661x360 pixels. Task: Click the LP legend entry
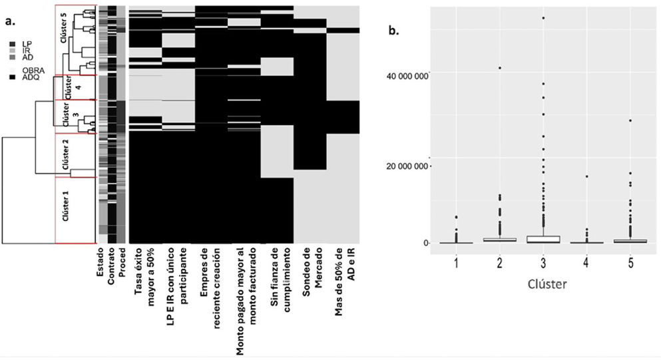click(x=26, y=43)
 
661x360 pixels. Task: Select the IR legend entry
click(x=26, y=51)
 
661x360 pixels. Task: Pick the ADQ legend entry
click(x=29, y=77)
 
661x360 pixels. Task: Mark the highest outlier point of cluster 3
click(x=543, y=17)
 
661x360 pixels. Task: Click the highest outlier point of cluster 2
click(x=500, y=68)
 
